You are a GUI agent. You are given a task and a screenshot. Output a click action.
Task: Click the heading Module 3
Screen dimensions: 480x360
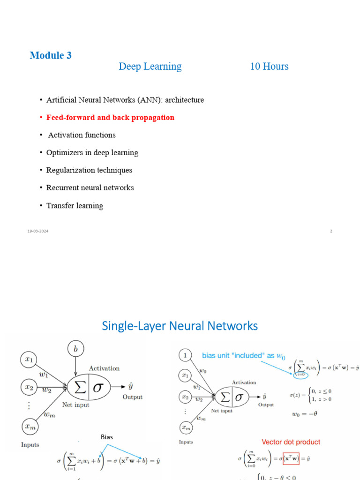point(51,55)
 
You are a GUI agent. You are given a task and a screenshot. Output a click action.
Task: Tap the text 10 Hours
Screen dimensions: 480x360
point(269,67)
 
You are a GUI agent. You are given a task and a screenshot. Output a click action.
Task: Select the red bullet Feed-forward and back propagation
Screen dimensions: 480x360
point(110,118)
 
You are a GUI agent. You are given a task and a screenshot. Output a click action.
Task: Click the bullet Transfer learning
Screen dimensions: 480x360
point(75,206)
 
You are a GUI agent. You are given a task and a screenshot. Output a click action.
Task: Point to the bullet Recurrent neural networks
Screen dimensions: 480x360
point(90,188)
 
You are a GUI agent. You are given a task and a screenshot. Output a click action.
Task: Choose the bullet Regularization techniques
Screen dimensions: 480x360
point(89,170)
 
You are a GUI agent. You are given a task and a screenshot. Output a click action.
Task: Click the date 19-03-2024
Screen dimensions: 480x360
point(37,231)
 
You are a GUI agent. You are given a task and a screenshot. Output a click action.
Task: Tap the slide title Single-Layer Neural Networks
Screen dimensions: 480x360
point(180,326)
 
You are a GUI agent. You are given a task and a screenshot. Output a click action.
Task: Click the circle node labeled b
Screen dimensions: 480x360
point(75,349)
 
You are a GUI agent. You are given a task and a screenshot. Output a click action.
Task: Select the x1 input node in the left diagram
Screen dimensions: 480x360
point(29,360)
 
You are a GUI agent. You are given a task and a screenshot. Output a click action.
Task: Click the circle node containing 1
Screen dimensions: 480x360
point(186,356)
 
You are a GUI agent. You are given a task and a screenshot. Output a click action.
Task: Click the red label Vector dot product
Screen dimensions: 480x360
point(291,442)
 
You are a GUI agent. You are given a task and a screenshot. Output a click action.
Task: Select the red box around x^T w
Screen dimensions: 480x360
point(291,458)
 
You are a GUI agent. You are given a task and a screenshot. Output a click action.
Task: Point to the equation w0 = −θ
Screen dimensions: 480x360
point(306,414)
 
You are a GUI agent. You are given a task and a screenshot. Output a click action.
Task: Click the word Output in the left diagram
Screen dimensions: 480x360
point(132,397)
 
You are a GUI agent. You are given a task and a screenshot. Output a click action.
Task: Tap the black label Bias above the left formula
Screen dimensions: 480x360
point(107,437)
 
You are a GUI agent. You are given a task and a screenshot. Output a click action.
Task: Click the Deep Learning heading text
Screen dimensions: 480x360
point(150,67)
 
